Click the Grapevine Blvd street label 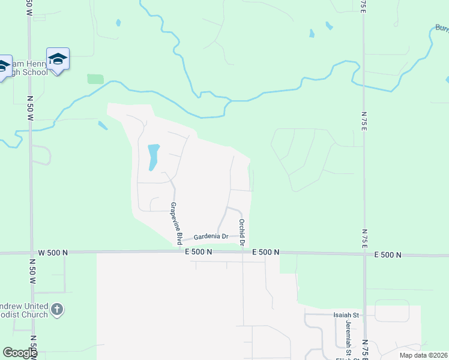pos(176,223)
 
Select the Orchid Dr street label pos(241,233)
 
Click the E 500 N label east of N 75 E pos(387,255)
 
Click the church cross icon pos(57,310)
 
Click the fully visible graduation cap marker pos(58,59)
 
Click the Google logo pos(20,353)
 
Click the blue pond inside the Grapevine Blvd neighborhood pos(153,157)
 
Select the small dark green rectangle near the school pos(95,79)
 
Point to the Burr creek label pos(442,28)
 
